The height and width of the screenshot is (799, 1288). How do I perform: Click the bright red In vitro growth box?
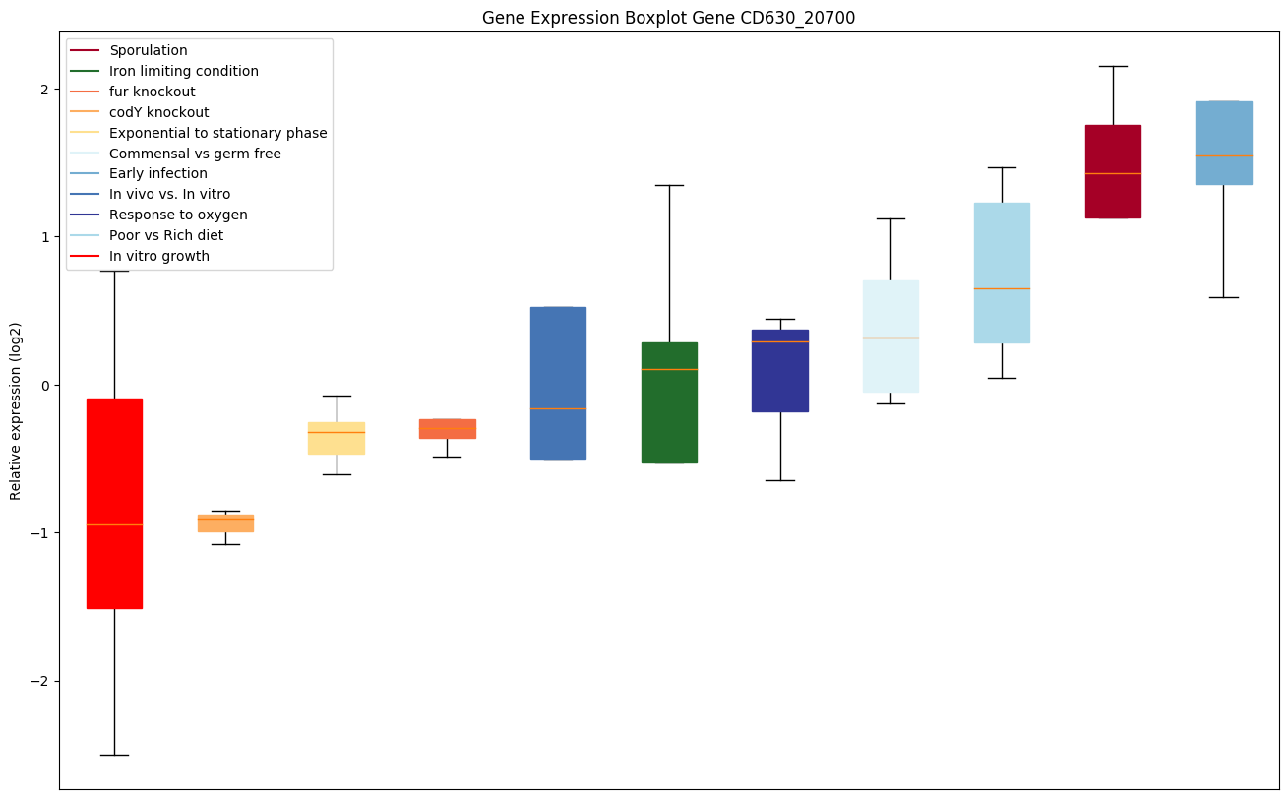(x=114, y=503)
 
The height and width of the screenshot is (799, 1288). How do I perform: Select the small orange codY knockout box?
(x=225, y=522)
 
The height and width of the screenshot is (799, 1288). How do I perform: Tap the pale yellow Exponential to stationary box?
(x=337, y=438)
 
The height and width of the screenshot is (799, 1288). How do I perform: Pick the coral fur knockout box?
(x=448, y=428)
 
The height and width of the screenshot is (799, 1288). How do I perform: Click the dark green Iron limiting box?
(x=669, y=402)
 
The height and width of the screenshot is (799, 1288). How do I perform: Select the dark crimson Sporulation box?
(x=1113, y=171)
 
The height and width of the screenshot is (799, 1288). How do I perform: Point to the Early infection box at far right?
(x=1223, y=143)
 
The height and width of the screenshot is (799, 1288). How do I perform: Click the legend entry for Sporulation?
(x=149, y=50)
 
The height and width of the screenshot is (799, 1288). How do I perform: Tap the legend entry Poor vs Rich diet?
(x=166, y=235)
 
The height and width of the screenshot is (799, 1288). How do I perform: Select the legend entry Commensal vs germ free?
(x=195, y=154)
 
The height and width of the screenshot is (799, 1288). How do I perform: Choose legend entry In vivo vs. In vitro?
(x=170, y=194)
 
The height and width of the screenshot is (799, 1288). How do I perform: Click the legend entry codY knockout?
(x=159, y=112)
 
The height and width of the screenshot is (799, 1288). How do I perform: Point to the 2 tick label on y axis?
(x=44, y=90)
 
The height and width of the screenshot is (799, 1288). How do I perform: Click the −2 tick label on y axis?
(x=40, y=681)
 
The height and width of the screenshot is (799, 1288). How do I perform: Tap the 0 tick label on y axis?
(x=44, y=385)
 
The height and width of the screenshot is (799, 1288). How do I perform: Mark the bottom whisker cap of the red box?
(x=114, y=755)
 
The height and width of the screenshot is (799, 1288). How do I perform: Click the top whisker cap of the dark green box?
(x=669, y=185)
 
